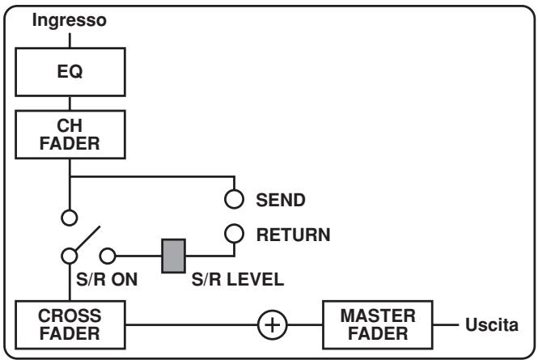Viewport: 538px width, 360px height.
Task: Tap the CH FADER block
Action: [70, 131]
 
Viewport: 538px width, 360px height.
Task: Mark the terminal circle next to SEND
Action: [234, 198]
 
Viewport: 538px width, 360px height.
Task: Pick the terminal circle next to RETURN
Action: [234, 234]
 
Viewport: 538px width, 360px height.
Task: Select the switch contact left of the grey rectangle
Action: [116, 257]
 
